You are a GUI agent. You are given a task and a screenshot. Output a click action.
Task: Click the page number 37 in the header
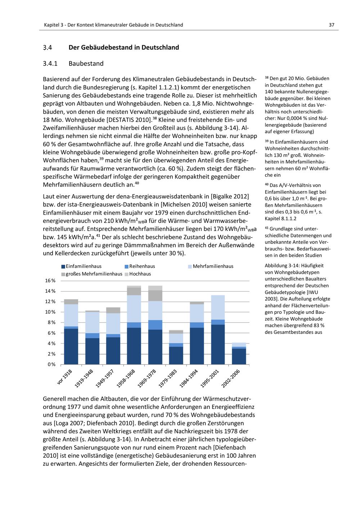(x=332, y=25)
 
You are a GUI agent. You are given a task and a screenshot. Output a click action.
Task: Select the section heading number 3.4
(x=48, y=48)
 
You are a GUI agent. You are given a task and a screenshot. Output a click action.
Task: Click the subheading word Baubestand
(x=86, y=64)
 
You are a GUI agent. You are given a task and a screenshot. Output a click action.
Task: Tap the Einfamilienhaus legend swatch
(x=63, y=266)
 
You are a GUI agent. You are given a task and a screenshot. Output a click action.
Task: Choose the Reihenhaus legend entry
(x=142, y=266)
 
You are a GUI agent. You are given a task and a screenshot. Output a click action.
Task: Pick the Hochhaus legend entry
(x=140, y=274)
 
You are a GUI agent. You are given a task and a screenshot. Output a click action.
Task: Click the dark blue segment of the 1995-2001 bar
(x=218, y=344)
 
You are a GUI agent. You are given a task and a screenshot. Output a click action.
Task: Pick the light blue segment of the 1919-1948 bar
(x=92, y=323)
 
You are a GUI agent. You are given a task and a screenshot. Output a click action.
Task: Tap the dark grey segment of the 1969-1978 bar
(x=155, y=296)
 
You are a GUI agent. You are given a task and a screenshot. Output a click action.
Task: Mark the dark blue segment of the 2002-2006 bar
(x=239, y=356)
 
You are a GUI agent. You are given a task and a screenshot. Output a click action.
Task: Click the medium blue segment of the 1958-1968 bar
(x=134, y=325)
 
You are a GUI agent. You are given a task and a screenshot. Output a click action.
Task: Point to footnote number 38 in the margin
(x=267, y=78)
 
